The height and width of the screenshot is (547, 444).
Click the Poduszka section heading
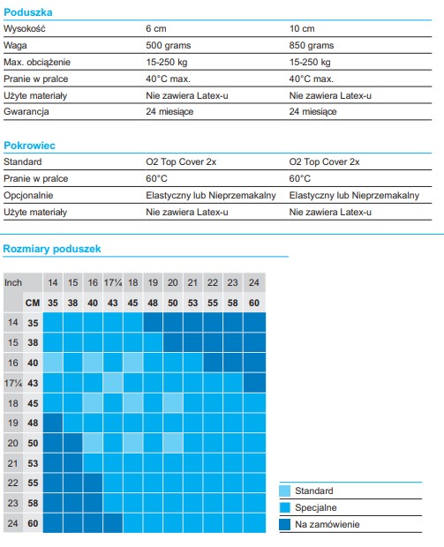pyautogui.click(x=28, y=12)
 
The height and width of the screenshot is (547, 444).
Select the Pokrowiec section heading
pyautogui.click(x=29, y=146)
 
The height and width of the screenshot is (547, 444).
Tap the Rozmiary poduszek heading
pyautogui.click(x=52, y=249)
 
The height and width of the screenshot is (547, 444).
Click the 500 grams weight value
pyautogui.click(x=169, y=45)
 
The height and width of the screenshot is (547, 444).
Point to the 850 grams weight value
pyautogui.click(x=312, y=45)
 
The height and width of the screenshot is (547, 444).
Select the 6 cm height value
pyautogui.click(x=156, y=28)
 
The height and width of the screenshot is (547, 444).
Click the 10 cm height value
pyautogui.click(x=302, y=28)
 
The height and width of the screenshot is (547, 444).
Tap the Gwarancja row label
pyautogui.click(x=26, y=112)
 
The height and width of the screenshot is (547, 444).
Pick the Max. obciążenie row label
pyautogui.click(x=37, y=62)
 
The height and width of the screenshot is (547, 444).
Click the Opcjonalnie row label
pyautogui.click(x=28, y=195)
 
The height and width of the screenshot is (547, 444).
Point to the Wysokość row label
pyautogui.click(x=25, y=28)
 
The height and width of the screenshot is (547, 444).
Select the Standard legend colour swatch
pyautogui.click(x=285, y=491)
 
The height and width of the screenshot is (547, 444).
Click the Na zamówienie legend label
pyautogui.click(x=327, y=524)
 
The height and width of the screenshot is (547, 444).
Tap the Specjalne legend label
pyautogui.click(x=315, y=507)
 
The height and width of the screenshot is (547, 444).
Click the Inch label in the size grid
pyautogui.click(x=13, y=282)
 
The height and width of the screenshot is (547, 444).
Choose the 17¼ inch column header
pyautogui.click(x=113, y=282)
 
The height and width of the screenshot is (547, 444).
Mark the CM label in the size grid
pyautogui.click(x=33, y=303)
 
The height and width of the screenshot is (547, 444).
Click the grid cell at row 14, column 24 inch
pyautogui.click(x=254, y=322)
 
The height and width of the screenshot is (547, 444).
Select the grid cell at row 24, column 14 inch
pyautogui.click(x=53, y=523)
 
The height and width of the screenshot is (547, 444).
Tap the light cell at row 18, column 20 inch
pyautogui.click(x=173, y=403)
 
